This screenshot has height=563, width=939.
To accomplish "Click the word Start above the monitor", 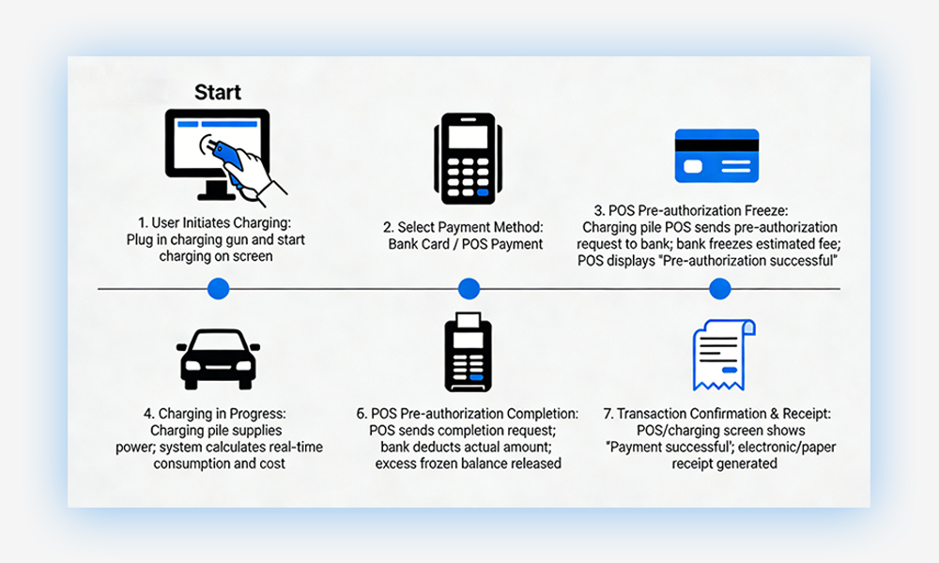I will point(218,92).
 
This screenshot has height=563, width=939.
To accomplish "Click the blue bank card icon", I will point(716,156).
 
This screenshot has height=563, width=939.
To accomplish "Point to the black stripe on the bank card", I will point(716,144).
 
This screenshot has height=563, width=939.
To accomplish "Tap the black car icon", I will point(218,358).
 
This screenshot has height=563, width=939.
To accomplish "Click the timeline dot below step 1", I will point(218,289).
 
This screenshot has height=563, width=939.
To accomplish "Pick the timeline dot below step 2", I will point(468,289).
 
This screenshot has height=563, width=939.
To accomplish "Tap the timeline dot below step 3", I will point(720,289).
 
